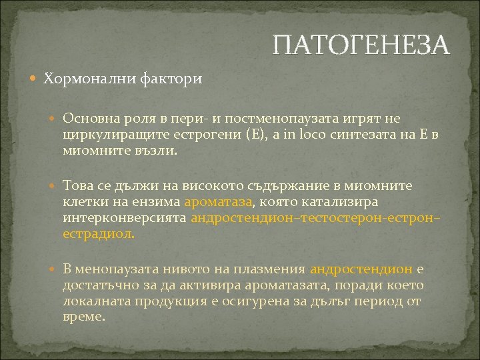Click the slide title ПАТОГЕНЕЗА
tap(361, 45)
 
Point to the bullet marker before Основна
tap(55, 119)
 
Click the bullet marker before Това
tap(55, 185)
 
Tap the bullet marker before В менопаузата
tap(55, 270)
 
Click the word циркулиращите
tap(107, 135)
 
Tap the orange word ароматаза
tap(218, 201)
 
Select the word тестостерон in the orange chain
tap(344, 218)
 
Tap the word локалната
tap(95, 301)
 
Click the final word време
tap(83, 318)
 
